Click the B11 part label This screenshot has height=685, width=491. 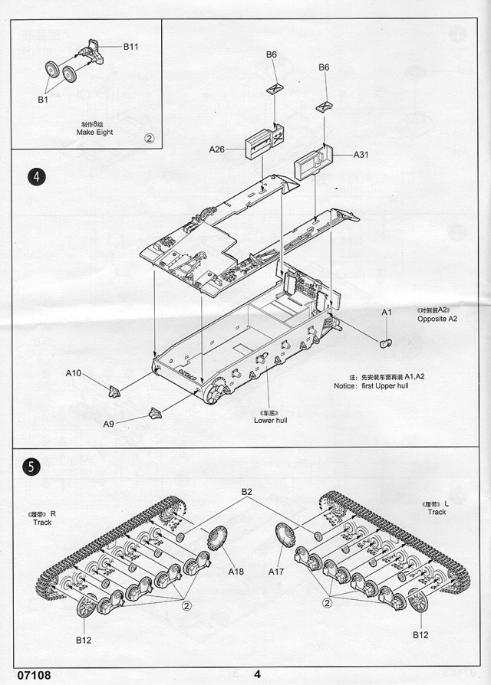130,47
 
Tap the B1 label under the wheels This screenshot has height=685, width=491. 43,99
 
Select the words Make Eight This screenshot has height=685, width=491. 94,133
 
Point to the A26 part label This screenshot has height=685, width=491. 216,149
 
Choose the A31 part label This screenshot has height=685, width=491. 361,155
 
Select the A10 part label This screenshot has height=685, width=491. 73,373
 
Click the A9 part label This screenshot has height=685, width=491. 110,423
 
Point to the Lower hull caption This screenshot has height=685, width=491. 270,420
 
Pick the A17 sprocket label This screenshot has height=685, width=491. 276,572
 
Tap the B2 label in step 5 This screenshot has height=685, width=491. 247,491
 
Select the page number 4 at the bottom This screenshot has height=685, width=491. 258,674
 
